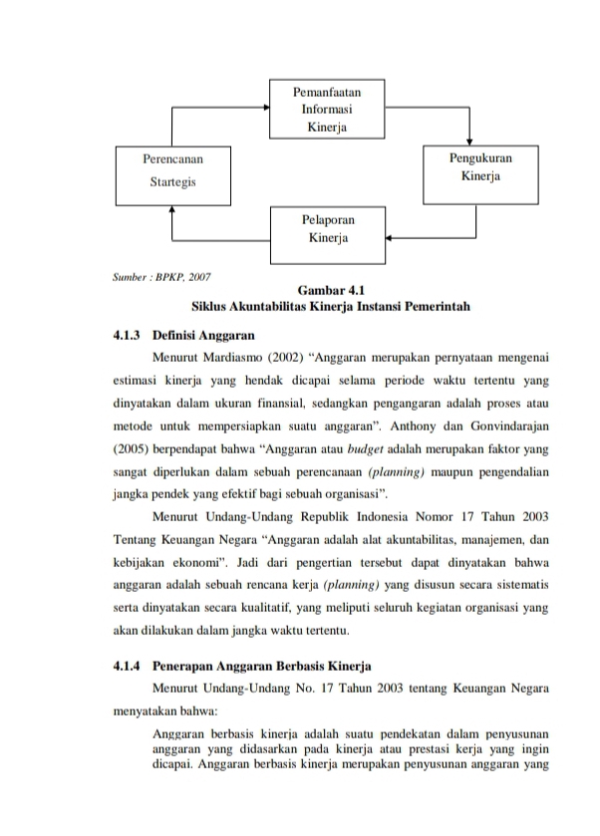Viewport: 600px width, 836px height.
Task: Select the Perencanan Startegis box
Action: point(172,171)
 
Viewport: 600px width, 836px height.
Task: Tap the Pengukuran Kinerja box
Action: point(480,170)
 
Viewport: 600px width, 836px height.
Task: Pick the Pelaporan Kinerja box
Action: point(328,228)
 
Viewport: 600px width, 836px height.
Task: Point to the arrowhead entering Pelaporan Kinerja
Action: point(390,239)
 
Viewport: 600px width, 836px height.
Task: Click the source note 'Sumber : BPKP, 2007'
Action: point(162,275)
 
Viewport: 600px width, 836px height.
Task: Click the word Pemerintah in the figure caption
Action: point(433,305)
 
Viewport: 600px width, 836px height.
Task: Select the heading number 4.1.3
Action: point(129,334)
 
